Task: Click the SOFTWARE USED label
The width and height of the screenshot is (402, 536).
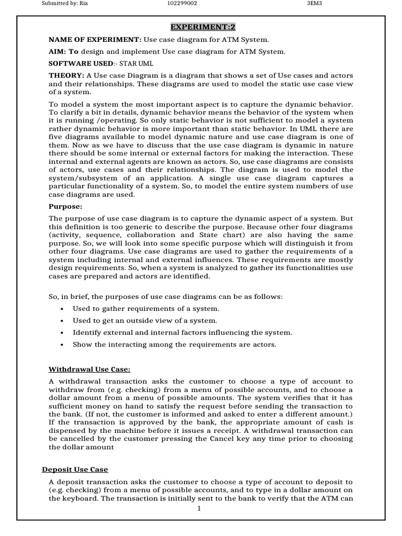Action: point(81,63)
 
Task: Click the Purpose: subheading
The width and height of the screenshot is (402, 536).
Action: point(65,206)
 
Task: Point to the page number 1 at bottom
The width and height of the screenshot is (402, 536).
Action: point(199,508)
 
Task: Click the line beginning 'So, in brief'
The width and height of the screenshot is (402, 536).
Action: point(165,297)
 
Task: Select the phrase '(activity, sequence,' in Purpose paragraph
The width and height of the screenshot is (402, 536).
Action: point(85,236)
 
